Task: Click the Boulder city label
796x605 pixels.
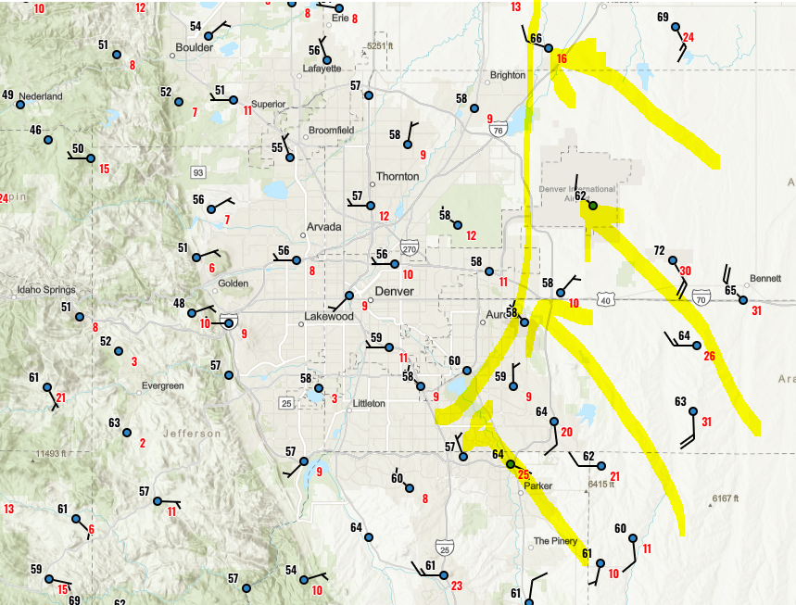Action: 194,47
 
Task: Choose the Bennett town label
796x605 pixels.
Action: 764,278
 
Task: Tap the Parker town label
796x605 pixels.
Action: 537,485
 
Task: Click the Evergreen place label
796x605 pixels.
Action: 163,385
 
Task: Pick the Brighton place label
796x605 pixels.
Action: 507,76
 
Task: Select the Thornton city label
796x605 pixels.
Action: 398,176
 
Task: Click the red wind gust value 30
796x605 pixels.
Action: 685,271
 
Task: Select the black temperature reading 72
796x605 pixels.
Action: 660,250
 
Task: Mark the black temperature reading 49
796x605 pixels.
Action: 7,95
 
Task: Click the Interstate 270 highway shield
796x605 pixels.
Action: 411,247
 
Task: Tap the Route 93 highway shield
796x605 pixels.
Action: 197,172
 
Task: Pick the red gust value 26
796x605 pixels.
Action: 709,356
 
